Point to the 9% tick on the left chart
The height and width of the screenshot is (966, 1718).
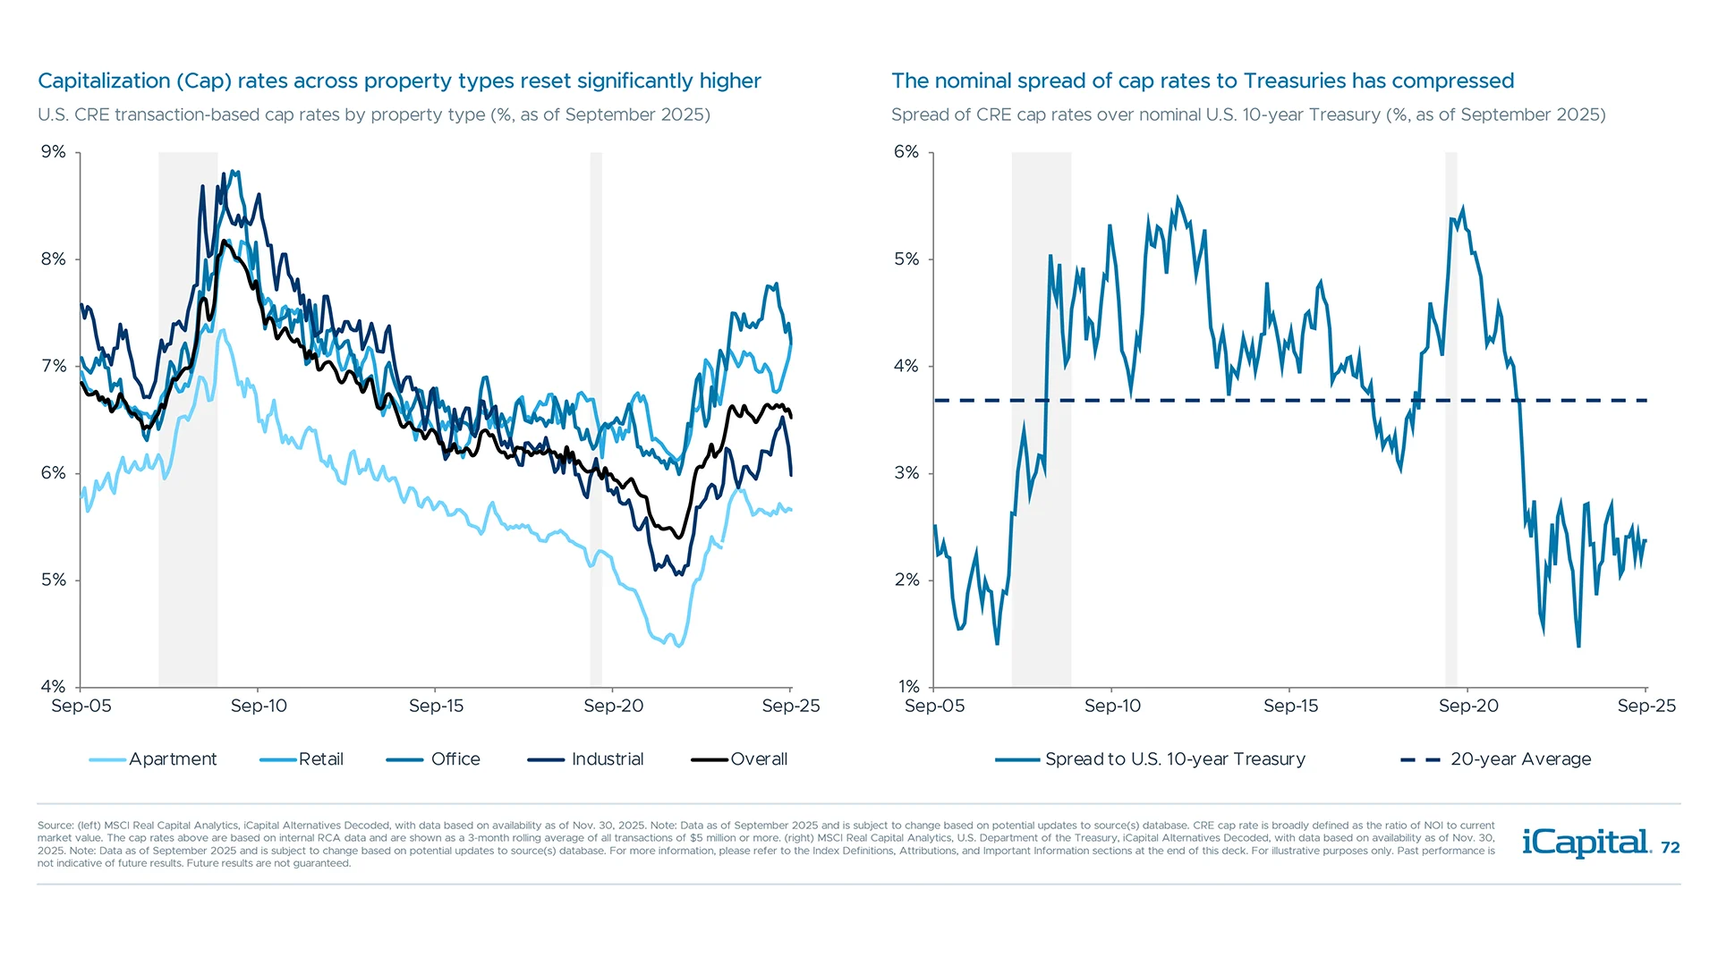(x=54, y=152)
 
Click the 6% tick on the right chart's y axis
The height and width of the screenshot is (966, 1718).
(x=906, y=152)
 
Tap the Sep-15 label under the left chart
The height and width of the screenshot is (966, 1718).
(x=436, y=706)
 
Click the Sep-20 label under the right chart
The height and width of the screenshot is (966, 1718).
(x=1467, y=706)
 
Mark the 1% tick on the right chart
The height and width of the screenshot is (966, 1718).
(x=908, y=687)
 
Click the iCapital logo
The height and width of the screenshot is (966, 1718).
(x=1586, y=843)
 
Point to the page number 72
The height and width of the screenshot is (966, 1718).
(x=1670, y=848)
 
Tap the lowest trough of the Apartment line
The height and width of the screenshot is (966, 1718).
(x=678, y=646)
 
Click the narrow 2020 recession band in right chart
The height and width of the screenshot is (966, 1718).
(x=1450, y=420)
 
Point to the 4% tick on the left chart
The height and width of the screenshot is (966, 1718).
(x=54, y=687)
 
